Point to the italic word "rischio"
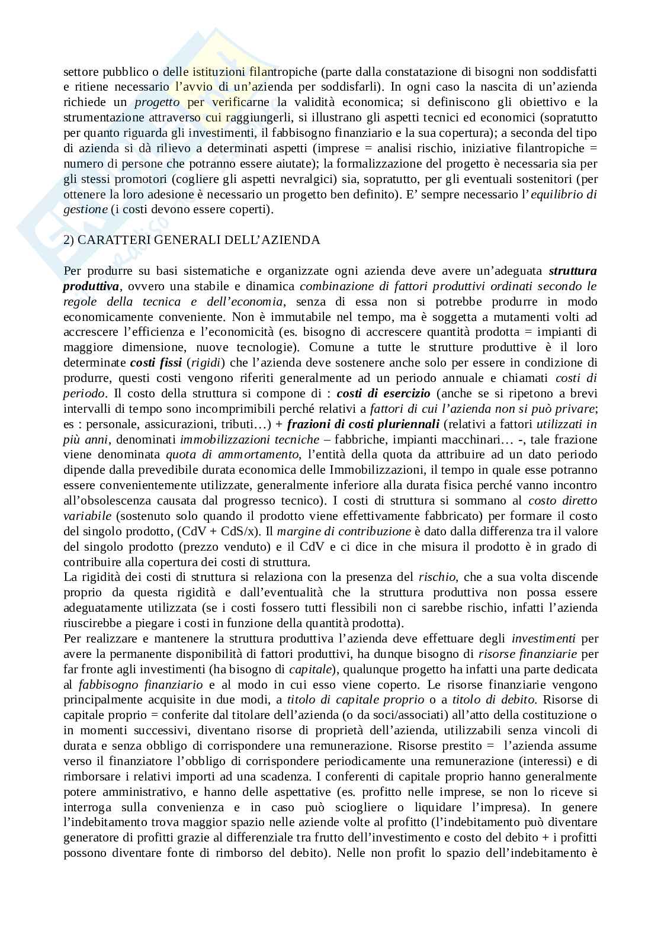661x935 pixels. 437,577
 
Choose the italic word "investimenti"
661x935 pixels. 543,638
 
